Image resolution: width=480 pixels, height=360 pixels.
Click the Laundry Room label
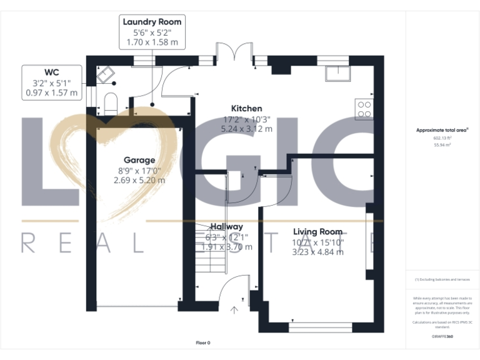pyautogui.click(x=152, y=22)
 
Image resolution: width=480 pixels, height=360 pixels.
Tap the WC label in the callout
pyautogui.click(x=52, y=71)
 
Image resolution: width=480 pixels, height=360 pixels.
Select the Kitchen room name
pyautogui.click(x=246, y=108)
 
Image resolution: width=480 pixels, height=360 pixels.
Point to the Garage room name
pyautogui.click(x=139, y=160)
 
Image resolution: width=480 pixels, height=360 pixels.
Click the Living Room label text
pyautogui.click(x=317, y=232)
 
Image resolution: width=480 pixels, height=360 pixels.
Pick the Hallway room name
pyautogui.click(x=226, y=226)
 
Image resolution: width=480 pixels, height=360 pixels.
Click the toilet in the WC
pyautogui.click(x=111, y=102)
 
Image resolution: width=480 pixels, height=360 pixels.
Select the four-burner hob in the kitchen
pyautogui.click(x=364, y=110)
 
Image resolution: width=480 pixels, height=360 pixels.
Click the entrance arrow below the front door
pyautogui.click(x=235, y=309)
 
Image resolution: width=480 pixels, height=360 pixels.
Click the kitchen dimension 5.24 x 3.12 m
pyautogui.click(x=246, y=129)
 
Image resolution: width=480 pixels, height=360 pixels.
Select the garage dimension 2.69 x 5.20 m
pyautogui.click(x=139, y=180)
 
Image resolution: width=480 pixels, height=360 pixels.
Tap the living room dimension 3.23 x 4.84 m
pyautogui.click(x=317, y=252)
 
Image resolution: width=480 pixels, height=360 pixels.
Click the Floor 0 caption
pyautogui.click(x=203, y=342)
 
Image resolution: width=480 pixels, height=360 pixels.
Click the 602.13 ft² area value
pyautogui.click(x=442, y=137)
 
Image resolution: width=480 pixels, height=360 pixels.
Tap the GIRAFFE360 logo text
pyautogui.click(x=442, y=337)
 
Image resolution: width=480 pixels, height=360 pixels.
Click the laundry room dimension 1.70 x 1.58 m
pyautogui.click(x=152, y=42)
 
